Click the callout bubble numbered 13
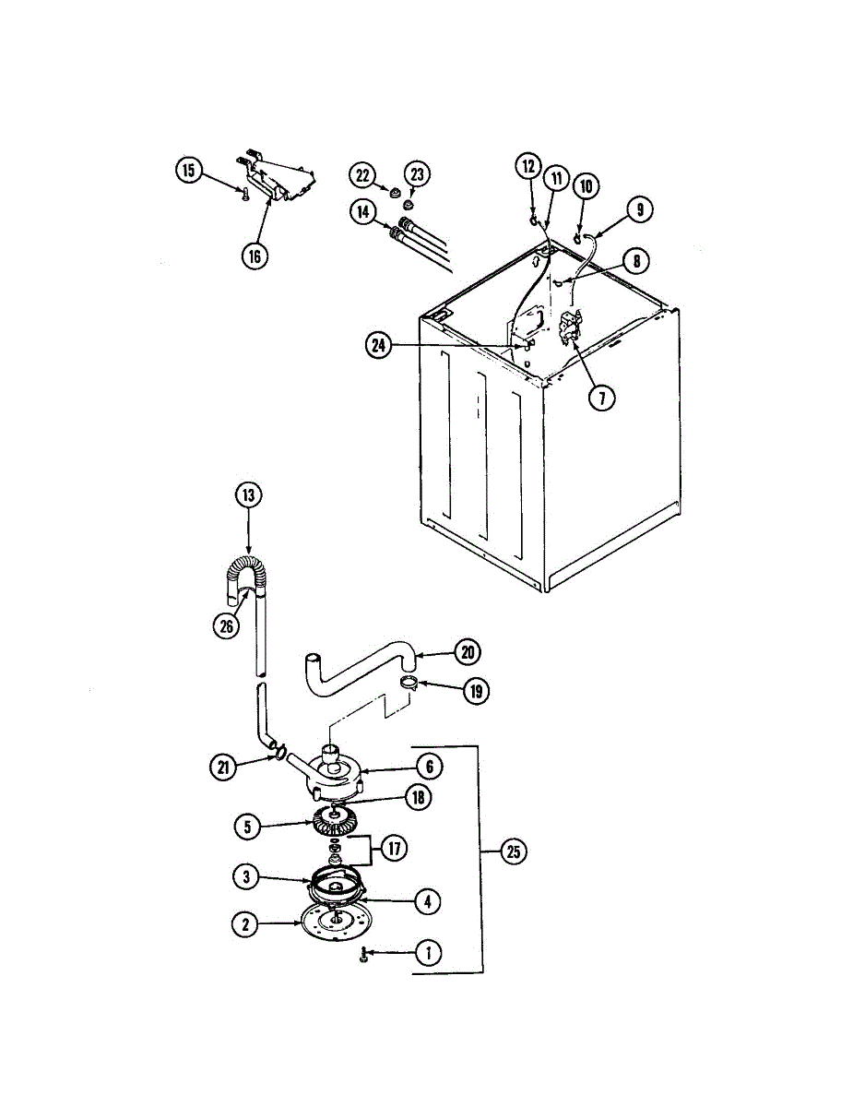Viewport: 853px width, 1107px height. pyautogui.click(x=248, y=495)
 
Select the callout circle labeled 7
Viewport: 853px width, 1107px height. pyautogui.click(x=602, y=398)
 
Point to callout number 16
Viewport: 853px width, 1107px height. pyautogui.click(x=255, y=256)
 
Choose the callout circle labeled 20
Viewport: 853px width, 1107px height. pyautogui.click(x=468, y=652)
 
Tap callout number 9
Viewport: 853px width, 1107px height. pyautogui.click(x=639, y=209)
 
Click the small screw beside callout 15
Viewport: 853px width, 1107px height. pyautogui.click(x=243, y=194)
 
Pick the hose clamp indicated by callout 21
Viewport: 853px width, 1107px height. pyautogui.click(x=275, y=756)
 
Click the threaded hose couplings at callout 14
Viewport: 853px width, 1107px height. pyautogui.click(x=404, y=232)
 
